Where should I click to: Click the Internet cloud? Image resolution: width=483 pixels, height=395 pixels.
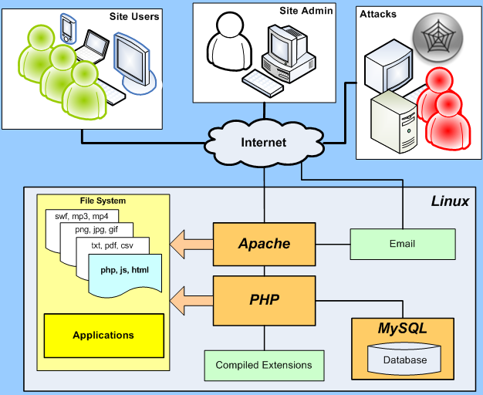264,143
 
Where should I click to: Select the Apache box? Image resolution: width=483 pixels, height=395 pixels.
265,244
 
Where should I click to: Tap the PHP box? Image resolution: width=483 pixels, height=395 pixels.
265,300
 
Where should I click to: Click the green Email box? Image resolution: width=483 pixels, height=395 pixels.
403,244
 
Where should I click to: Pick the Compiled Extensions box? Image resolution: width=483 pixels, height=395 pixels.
264,366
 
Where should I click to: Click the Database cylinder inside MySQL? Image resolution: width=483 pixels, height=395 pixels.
404,359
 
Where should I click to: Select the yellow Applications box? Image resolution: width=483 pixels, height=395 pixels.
104,336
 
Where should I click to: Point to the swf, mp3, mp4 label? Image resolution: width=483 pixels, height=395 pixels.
82,216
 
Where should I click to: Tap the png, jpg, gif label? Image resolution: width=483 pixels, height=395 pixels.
96,230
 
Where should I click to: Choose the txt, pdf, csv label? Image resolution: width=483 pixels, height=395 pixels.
112,245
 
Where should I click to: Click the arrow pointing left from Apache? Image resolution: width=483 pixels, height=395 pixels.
191,245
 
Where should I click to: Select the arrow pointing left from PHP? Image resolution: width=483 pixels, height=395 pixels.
191,301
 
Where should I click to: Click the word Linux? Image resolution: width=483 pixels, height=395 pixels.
450,201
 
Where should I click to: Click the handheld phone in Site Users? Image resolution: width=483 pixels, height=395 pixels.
67,29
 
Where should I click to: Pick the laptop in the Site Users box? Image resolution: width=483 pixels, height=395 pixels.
92,47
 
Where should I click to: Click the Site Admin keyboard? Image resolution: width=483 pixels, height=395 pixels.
262,83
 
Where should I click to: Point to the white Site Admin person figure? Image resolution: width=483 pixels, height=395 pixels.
229,42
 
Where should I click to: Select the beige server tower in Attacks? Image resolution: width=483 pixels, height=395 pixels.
394,122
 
